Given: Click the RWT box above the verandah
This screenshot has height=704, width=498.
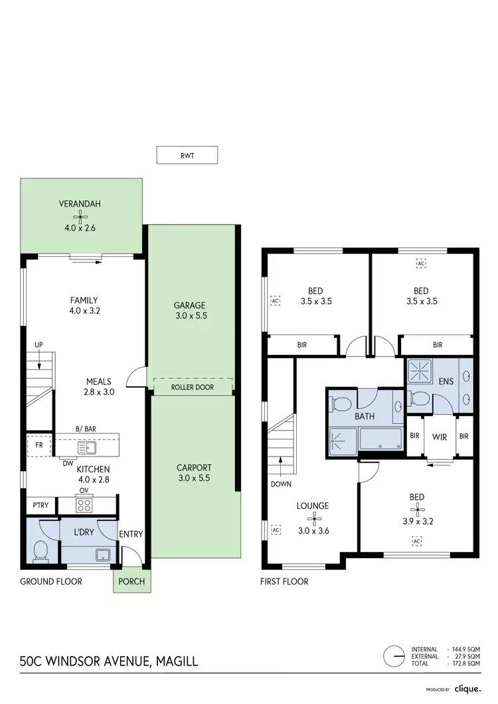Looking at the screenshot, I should [x=187, y=155].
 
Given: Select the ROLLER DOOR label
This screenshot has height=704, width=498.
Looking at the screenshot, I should [x=193, y=387].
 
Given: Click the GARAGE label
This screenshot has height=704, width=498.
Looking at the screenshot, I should [x=190, y=305].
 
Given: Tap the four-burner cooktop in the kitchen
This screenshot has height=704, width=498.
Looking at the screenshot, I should [x=85, y=505].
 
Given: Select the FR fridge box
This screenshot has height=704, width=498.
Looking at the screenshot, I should [x=39, y=445].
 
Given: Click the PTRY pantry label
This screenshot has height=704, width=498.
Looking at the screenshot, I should [x=39, y=505].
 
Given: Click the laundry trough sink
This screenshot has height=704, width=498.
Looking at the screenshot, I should [x=102, y=553].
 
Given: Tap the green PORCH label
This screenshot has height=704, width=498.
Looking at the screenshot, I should [x=131, y=581].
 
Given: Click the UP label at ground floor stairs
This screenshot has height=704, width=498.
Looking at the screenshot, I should [x=40, y=345].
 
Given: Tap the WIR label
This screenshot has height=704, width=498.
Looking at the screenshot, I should [x=439, y=437].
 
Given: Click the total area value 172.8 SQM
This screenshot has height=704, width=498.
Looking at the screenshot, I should [x=465, y=664].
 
